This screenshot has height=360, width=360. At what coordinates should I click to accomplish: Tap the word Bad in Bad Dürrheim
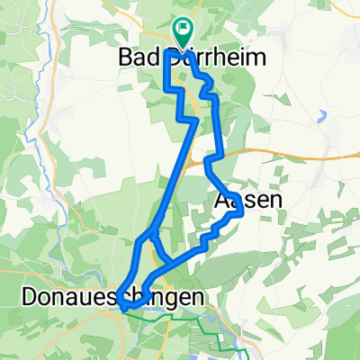click(134, 57)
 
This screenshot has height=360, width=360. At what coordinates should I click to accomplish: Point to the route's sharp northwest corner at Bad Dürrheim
click(168, 54)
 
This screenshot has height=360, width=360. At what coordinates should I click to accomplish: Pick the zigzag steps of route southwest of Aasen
click(209, 238)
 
